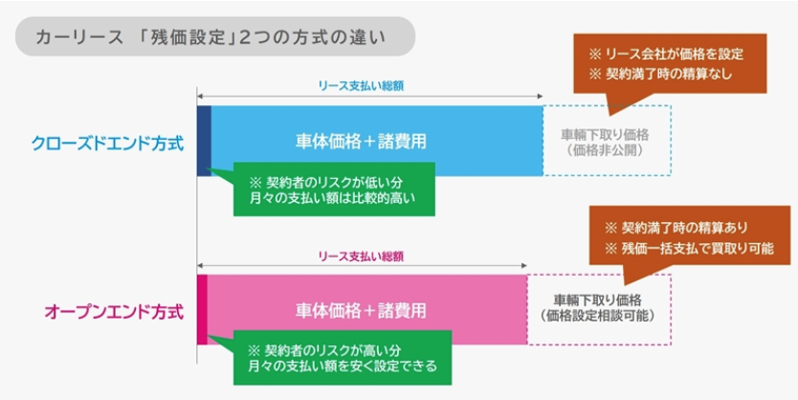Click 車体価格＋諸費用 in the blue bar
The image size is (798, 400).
tap(361, 141)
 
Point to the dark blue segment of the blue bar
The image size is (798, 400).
tap(204, 141)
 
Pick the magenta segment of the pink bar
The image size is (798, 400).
tap(202, 310)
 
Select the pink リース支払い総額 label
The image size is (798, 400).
tap(361, 256)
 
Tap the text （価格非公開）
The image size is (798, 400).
tap(607, 150)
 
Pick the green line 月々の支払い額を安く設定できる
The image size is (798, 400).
tap(336, 367)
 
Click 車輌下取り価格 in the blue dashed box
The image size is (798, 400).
tap(607, 133)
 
